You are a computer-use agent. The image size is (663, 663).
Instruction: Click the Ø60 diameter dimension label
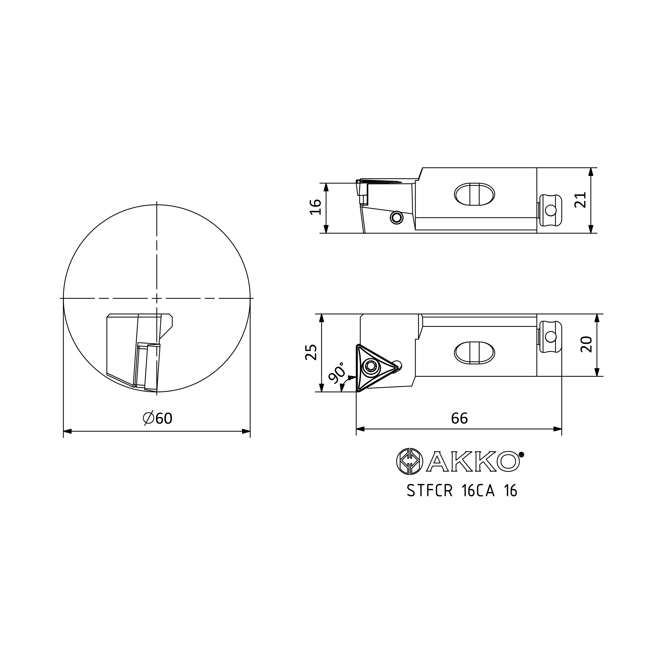click(x=157, y=418)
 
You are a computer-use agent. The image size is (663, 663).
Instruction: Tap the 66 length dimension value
click(x=459, y=418)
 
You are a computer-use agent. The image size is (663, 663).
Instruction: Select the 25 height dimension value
click(x=311, y=352)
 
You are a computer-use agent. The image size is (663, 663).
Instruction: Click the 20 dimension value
click(x=586, y=344)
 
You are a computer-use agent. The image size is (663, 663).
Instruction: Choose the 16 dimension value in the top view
click(x=315, y=207)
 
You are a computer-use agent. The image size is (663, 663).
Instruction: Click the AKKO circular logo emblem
click(x=410, y=461)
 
